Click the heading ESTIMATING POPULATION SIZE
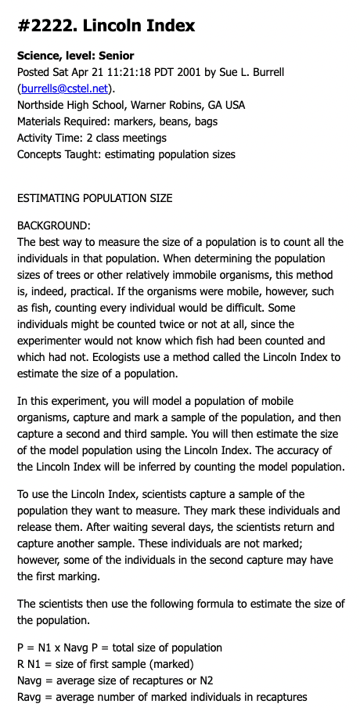[95, 198]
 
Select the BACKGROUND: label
[54, 226]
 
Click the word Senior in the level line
[116, 56]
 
